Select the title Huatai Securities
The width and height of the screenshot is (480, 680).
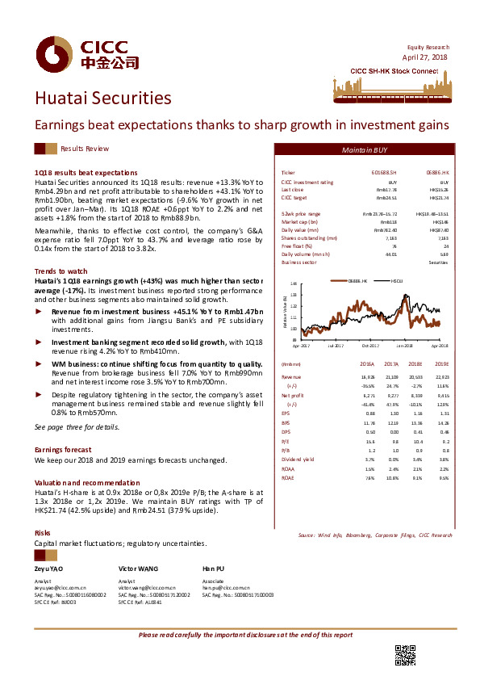click(102, 99)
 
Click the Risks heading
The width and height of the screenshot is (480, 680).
click(43, 533)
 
